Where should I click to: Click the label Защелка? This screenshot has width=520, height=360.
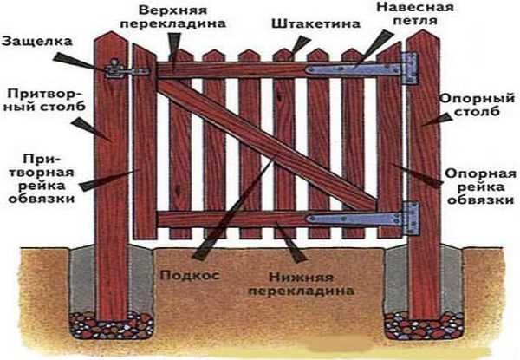tap(31, 41)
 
